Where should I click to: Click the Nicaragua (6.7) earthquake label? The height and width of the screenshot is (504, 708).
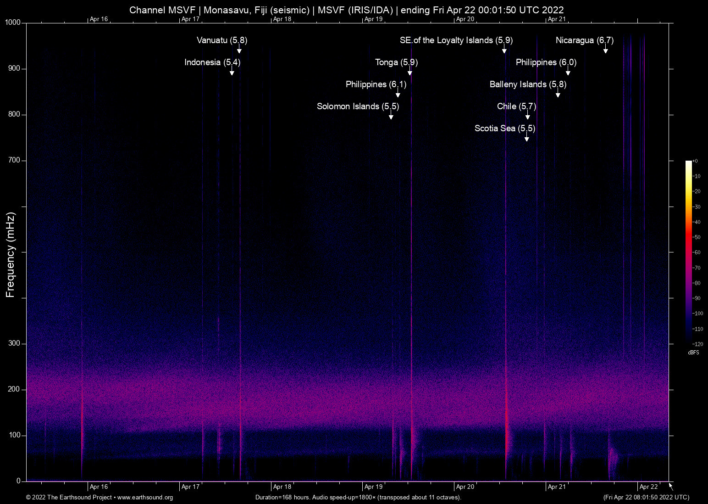point(584,40)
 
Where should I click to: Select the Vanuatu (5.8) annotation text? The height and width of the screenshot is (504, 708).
point(222,40)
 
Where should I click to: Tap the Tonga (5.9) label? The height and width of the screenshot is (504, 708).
point(396,62)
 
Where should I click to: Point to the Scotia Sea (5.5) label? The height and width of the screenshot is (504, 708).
point(505,129)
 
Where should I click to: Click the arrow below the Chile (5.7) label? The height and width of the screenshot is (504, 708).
point(528,116)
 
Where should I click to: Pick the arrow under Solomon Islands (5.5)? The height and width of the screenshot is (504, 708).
point(391,116)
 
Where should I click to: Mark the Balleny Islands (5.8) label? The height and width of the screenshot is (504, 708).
point(528,84)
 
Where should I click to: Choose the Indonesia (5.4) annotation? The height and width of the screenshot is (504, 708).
point(212,62)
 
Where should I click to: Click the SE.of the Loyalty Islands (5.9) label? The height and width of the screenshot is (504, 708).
point(456,40)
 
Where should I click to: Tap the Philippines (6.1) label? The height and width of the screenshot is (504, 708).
point(376,84)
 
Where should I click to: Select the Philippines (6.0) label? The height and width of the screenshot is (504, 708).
point(546,62)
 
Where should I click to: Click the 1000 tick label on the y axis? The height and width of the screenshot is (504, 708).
point(13,22)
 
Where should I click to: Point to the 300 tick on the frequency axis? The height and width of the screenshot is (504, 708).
point(14,343)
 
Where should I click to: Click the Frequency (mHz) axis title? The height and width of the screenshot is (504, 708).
point(10,255)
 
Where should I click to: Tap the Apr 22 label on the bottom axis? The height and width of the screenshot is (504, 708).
point(648,487)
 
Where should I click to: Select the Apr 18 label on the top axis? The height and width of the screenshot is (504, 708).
point(282,19)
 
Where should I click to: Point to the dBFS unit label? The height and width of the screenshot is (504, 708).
point(694,353)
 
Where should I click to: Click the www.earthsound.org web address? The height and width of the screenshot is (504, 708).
point(145,498)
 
